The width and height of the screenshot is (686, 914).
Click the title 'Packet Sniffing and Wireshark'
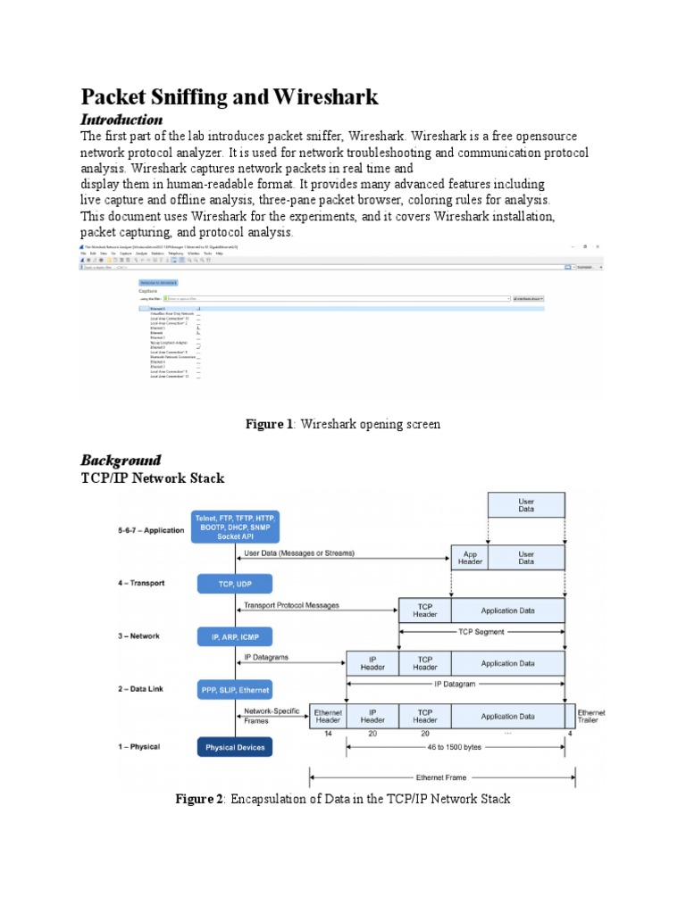(x=230, y=96)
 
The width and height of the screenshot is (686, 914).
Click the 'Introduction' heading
(x=121, y=120)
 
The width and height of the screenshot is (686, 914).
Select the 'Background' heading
(x=121, y=461)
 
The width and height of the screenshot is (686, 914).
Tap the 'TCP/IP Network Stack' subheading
(x=153, y=478)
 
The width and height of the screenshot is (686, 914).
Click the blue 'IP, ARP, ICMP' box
(x=234, y=636)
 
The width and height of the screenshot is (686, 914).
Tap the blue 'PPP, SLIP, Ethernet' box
(x=234, y=690)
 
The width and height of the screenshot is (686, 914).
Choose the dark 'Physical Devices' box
(x=234, y=746)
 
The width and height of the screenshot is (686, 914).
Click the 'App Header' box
(x=469, y=558)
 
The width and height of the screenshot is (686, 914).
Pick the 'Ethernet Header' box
(x=327, y=716)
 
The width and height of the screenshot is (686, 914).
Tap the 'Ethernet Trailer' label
(x=590, y=717)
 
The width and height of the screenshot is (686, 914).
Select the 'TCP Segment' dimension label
(x=481, y=632)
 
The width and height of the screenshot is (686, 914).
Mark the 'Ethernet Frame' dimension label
(x=442, y=777)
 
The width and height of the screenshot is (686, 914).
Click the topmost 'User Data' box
(x=526, y=506)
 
